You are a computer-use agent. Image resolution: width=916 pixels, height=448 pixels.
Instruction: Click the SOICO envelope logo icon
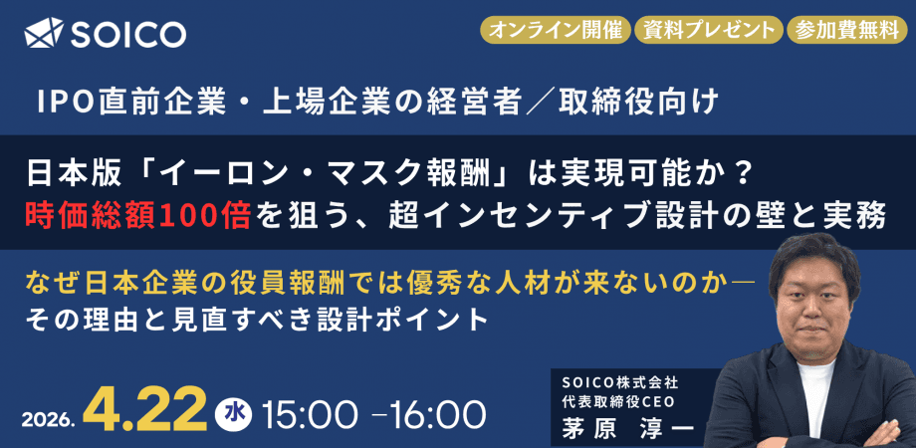43,34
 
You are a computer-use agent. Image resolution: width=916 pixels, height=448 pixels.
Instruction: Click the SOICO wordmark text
127,34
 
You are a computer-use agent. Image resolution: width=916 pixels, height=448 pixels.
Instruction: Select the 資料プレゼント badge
706,29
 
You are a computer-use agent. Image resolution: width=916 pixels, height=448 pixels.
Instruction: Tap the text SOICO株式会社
613,380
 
